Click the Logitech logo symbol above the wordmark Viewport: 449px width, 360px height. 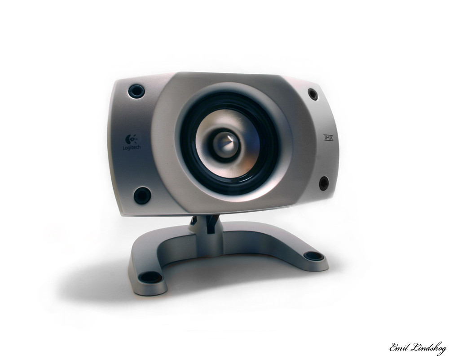[131, 139]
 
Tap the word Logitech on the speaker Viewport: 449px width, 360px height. [132, 147]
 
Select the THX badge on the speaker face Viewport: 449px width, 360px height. [329, 138]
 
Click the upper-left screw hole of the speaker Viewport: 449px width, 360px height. [136, 91]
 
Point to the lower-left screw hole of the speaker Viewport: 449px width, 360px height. [142, 196]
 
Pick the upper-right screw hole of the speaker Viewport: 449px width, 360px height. [313, 94]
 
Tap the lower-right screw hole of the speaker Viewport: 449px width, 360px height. [324, 183]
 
